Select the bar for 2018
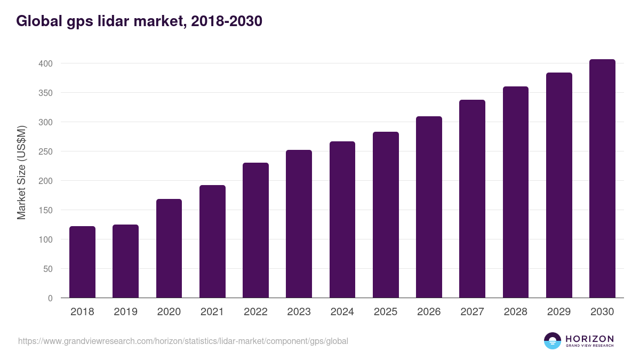[x=82, y=262]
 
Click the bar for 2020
[x=169, y=249]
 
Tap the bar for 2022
[x=255, y=230]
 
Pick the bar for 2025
[x=386, y=215]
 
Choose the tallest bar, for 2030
[x=602, y=179]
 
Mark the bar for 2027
[x=472, y=199]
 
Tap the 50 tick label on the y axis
[x=49, y=269]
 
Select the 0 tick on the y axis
[x=51, y=298]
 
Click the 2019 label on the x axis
[x=125, y=312]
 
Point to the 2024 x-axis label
[x=342, y=312]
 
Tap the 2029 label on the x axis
[x=558, y=312]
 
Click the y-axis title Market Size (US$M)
[x=21, y=172]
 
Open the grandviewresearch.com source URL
[x=183, y=341]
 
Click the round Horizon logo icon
[x=553, y=341]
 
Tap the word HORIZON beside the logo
[x=589, y=339]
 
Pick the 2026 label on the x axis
[x=429, y=312]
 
